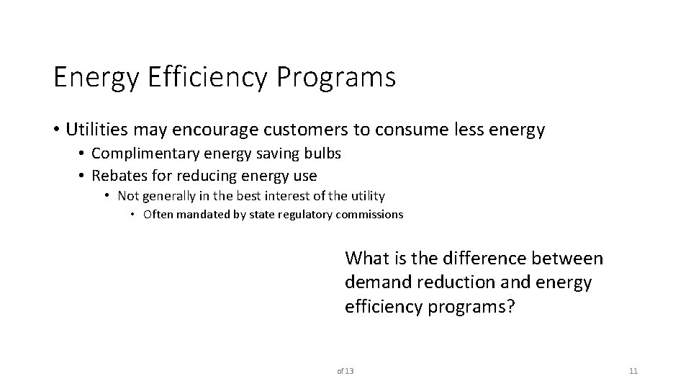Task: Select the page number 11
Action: [633, 371]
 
